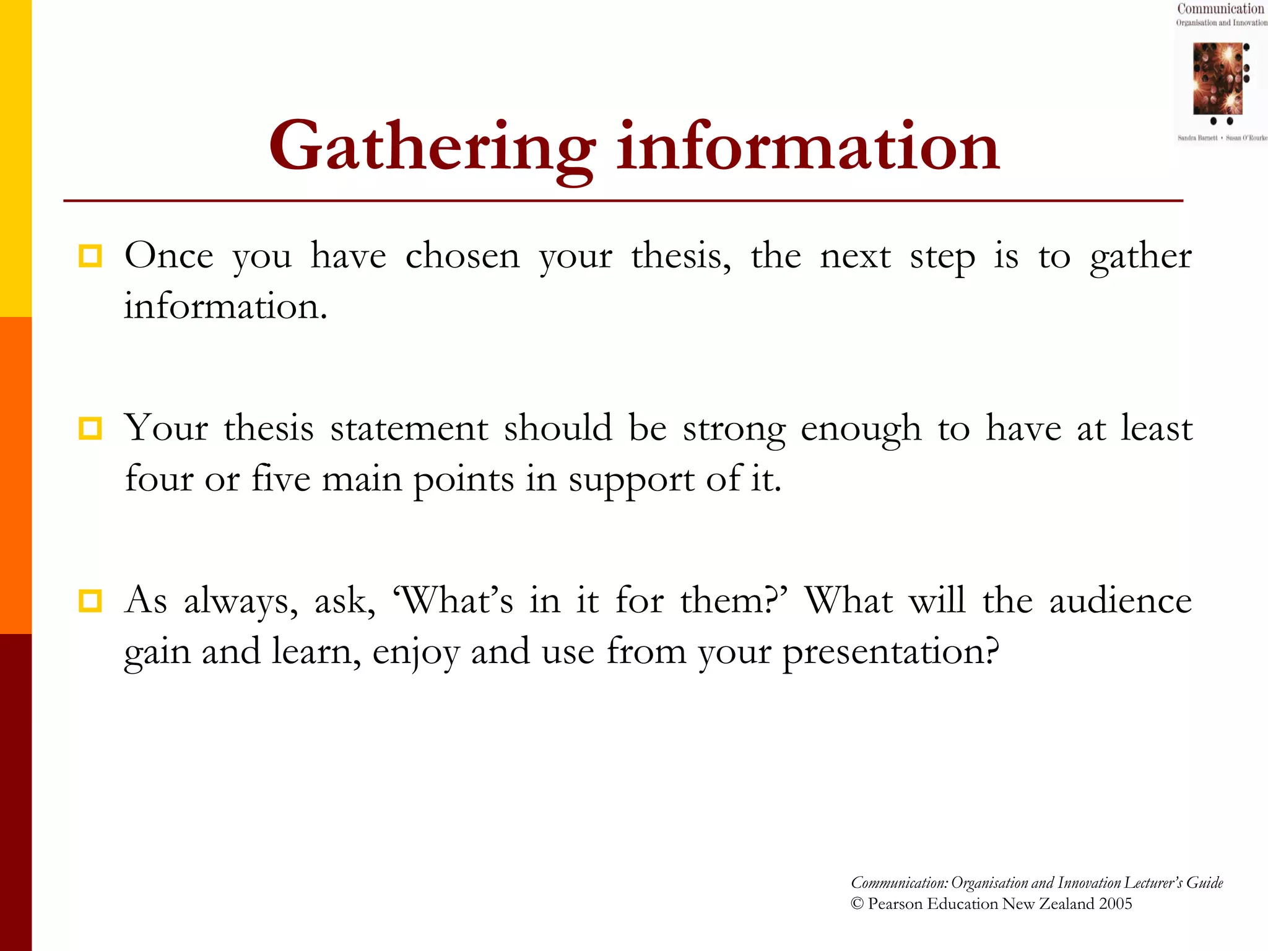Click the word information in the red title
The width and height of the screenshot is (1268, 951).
(807, 147)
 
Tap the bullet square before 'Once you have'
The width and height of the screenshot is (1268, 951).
(90, 256)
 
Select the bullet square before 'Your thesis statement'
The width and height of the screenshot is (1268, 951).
(90, 428)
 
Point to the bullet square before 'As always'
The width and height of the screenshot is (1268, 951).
(90, 601)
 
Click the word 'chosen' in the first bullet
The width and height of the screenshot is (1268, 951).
(462, 256)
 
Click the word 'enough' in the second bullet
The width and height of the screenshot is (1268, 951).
(860, 429)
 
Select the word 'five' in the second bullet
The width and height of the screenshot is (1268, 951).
(280, 479)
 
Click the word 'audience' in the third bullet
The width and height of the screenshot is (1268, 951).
(1120, 601)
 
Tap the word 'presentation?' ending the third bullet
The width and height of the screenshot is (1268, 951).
(890, 653)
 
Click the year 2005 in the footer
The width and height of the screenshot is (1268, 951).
(1115, 904)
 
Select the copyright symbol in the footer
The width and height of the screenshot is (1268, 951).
(857, 904)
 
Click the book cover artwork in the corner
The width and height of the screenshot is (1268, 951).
(1217, 79)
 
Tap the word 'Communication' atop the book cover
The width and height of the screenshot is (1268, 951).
(1220, 9)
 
